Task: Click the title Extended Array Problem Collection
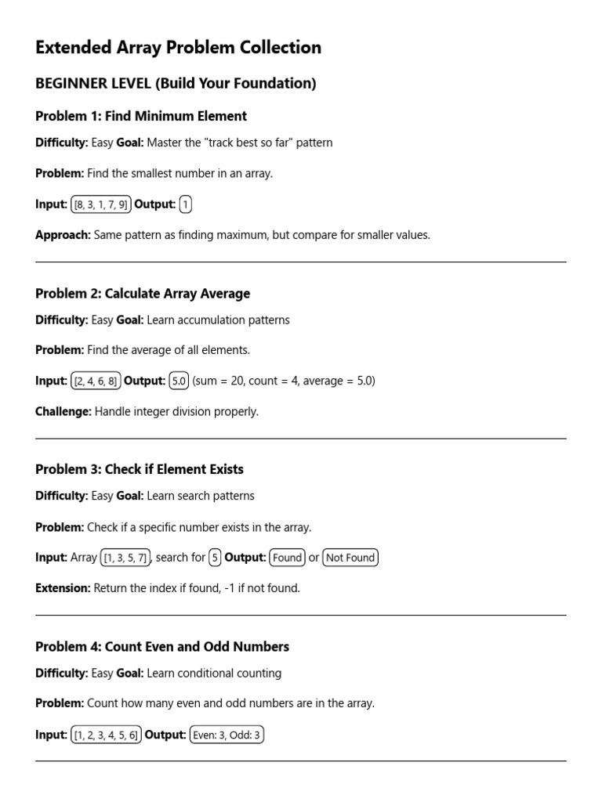click(178, 48)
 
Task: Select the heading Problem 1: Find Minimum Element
click(141, 116)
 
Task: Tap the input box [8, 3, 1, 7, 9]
click(101, 204)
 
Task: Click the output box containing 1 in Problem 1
click(185, 204)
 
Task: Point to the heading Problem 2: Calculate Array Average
click(143, 294)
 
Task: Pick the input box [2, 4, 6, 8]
click(96, 381)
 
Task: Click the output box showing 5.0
click(179, 381)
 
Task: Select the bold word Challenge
click(63, 411)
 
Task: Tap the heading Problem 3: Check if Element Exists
click(140, 469)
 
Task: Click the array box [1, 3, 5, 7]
click(125, 558)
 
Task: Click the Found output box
click(287, 558)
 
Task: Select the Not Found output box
click(350, 558)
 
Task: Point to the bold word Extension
click(63, 588)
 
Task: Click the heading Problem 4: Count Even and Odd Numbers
click(162, 647)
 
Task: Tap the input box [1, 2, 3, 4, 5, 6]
click(106, 735)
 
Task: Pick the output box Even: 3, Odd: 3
click(227, 735)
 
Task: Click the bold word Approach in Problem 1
click(63, 235)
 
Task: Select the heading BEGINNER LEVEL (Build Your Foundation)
click(176, 84)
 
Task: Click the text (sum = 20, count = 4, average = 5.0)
click(284, 381)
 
